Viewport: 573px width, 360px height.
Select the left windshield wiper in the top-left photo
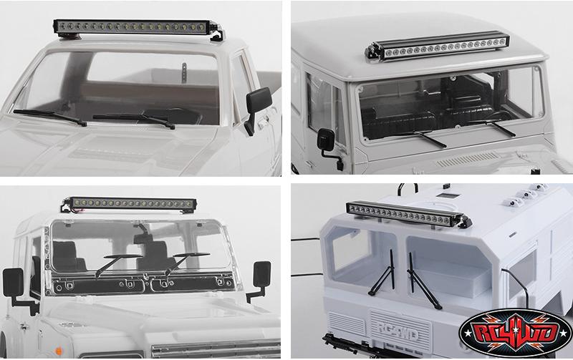pos(50,117)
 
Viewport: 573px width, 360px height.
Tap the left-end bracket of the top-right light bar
pos(372,52)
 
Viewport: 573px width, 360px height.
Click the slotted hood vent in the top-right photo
pos(468,160)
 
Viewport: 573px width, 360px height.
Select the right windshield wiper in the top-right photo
pos(495,127)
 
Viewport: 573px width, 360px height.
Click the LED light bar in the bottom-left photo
pos(132,203)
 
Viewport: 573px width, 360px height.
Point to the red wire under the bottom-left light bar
pos(78,210)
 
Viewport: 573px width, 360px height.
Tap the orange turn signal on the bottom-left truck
pos(59,351)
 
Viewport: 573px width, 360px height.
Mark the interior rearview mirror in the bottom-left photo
pos(143,238)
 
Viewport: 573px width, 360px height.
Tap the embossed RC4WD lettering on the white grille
pos(398,331)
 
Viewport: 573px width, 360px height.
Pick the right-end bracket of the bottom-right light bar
pos(464,221)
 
